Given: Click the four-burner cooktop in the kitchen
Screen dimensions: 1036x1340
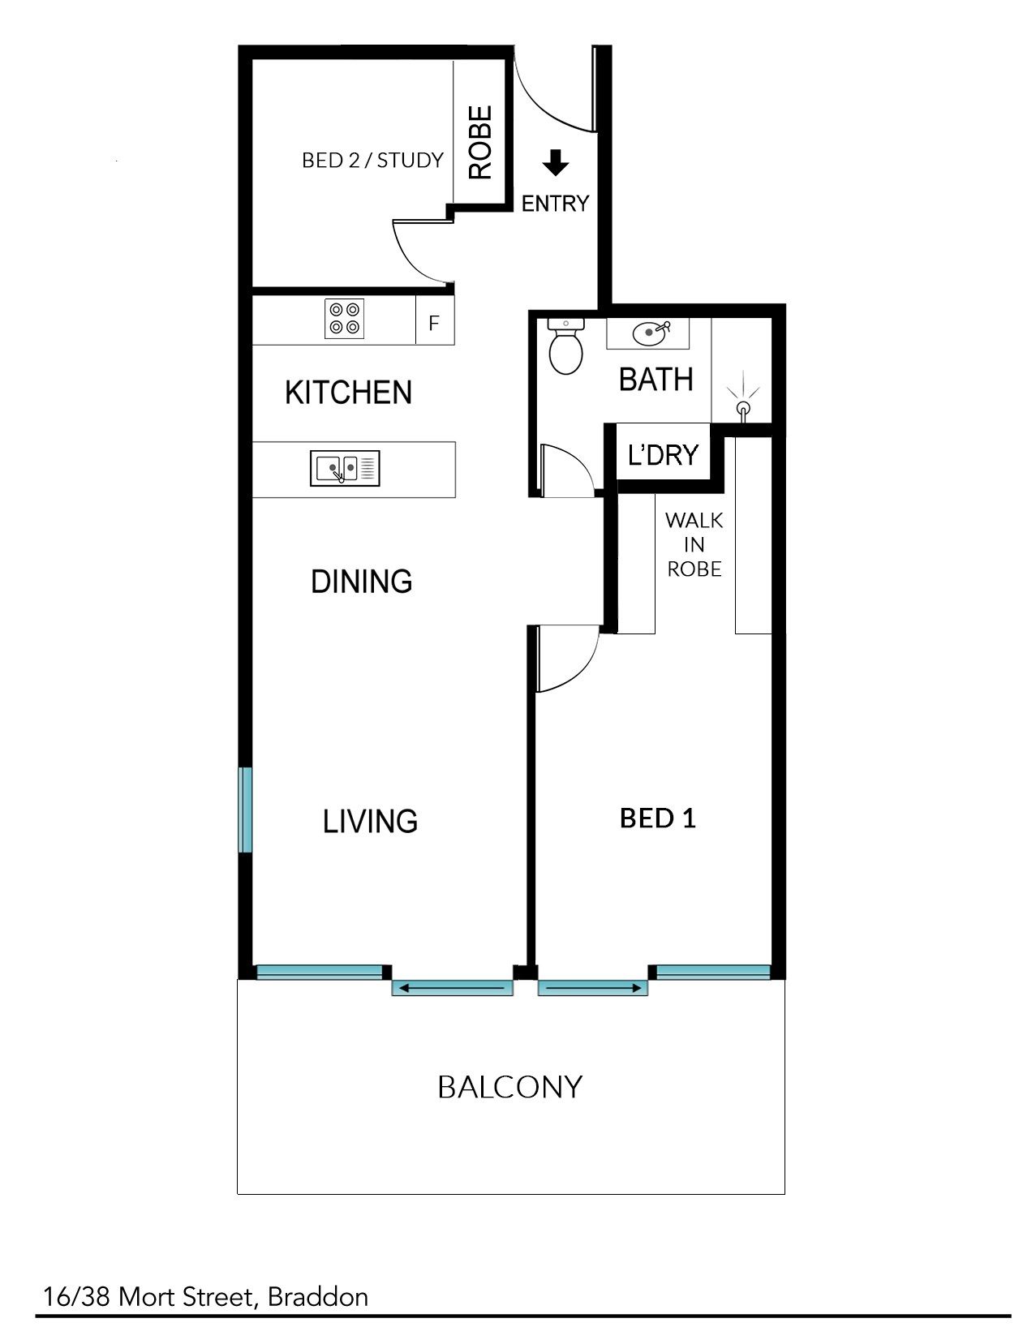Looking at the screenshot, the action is pyautogui.click(x=344, y=318).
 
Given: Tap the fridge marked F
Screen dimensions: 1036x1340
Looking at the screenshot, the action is pyautogui.click(x=435, y=320).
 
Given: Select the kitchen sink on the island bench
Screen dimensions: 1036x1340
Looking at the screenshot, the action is pyautogui.click(x=345, y=468).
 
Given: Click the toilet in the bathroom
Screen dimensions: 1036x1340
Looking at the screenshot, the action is pyautogui.click(x=566, y=346).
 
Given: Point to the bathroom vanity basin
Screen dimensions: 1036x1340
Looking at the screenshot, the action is pyautogui.click(x=650, y=333).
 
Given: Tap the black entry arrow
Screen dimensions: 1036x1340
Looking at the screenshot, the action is pyautogui.click(x=556, y=163).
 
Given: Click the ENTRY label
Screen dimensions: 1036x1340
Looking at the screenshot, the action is pyautogui.click(x=555, y=204).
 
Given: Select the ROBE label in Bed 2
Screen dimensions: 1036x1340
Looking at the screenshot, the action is pyautogui.click(x=481, y=143).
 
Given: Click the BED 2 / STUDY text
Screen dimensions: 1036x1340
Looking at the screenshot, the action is pyautogui.click(x=372, y=161).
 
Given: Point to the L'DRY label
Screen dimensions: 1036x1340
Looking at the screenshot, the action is pyautogui.click(x=663, y=455).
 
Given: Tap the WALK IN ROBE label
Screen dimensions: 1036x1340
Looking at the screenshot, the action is pyautogui.click(x=694, y=544).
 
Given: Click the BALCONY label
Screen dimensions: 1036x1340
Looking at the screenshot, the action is pyautogui.click(x=510, y=1087).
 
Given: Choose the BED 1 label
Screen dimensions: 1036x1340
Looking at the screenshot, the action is pyautogui.click(x=658, y=819).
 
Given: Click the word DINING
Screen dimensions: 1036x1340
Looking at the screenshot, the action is pyautogui.click(x=361, y=582).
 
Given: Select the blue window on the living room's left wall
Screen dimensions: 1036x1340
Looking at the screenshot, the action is pyautogui.click(x=246, y=810).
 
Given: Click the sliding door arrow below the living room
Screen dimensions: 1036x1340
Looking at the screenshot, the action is pyautogui.click(x=452, y=989).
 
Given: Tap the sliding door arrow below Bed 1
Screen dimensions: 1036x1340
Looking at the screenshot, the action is pyautogui.click(x=593, y=989).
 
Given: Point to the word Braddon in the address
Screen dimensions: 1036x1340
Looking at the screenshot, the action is pyautogui.click(x=318, y=1297).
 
